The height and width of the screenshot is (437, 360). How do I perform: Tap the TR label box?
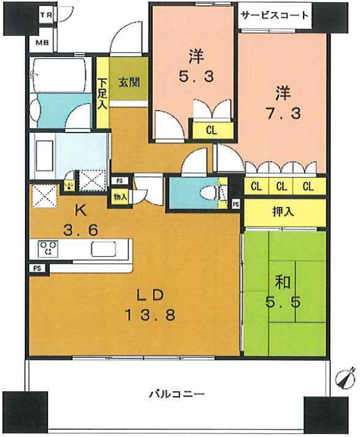46,14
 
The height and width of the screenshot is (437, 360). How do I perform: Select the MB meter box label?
42,43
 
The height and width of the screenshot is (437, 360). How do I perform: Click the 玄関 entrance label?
129,83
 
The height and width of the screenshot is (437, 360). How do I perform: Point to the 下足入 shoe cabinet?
102,93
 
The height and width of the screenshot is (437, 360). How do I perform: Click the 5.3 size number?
196,76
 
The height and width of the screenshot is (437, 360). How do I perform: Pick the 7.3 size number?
284,114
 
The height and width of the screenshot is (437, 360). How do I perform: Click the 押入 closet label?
283,212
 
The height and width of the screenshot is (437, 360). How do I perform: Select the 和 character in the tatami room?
283,282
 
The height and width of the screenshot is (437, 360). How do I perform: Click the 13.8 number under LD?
151,316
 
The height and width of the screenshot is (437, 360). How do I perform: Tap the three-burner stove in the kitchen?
49,248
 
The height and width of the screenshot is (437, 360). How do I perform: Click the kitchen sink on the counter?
103,249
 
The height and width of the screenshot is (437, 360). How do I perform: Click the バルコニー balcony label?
177,394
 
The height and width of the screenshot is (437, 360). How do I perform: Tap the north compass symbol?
346,379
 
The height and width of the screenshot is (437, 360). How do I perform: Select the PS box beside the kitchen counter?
37,268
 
